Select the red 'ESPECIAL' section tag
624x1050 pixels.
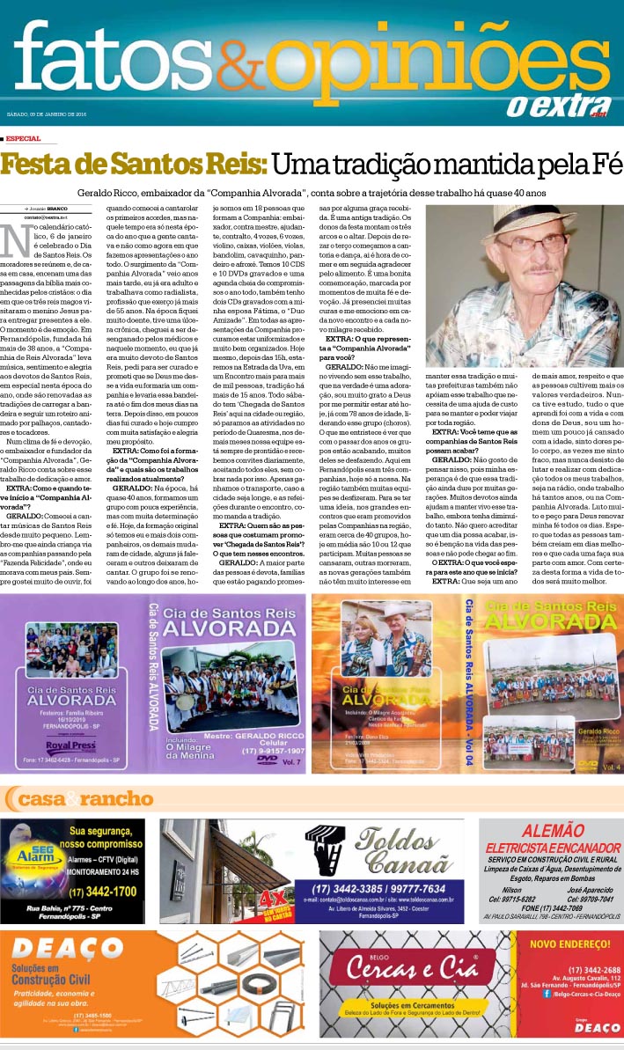coord(23,138)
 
